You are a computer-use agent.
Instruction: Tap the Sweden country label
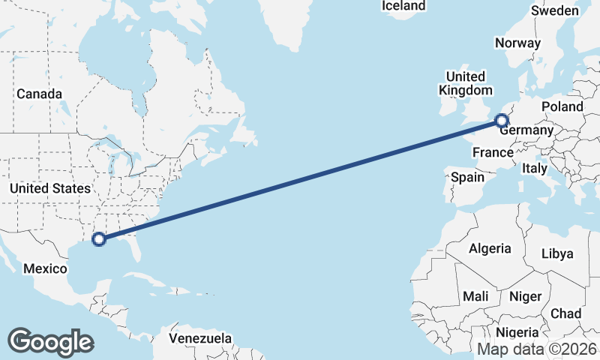pyautogui.click(x=554, y=10)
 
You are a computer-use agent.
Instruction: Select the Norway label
pyautogui.click(x=517, y=43)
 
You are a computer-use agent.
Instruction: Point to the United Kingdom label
pyautogui.click(x=465, y=83)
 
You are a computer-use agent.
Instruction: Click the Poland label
pyautogui.click(x=562, y=106)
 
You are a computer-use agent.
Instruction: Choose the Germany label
pyautogui.click(x=526, y=131)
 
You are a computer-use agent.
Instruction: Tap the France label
pyautogui.click(x=492, y=153)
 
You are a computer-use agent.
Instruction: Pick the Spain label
pyautogui.click(x=467, y=178)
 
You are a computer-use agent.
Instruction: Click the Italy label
pyautogui.click(x=535, y=169)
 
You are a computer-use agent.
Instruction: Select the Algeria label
pyautogui.click(x=490, y=248)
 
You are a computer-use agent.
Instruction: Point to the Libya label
pyautogui.click(x=556, y=254)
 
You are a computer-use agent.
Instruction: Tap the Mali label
pyautogui.click(x=475, y=296)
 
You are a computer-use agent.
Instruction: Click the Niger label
pyautogui.click(x=525, y=296)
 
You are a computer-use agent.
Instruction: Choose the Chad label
pyautogui.click(x=565, y=313)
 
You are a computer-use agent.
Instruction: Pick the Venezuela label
pyautogui.click(x=200, y=338)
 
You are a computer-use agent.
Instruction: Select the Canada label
pyautogui.click(x=40, y=94)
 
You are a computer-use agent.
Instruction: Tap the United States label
pyautogui.click(x=50, y=188)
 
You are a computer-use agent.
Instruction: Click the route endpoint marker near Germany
pyautogui.click(x=502, y=120)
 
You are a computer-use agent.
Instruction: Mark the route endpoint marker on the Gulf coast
pyautogui.click(x=98, y=239)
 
